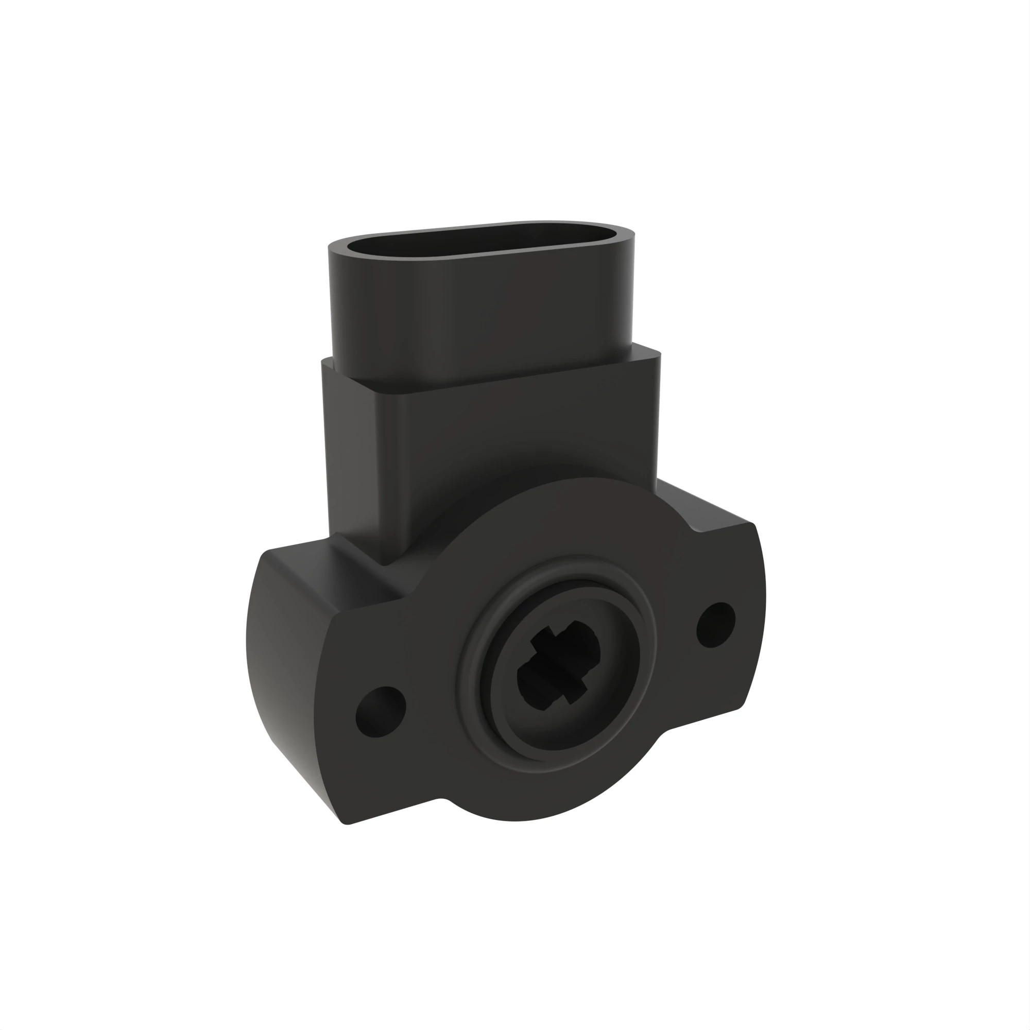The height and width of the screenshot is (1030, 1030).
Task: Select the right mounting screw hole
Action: click(x=716, y=625)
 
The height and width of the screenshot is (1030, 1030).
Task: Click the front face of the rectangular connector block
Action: click(x=522, y=437)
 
